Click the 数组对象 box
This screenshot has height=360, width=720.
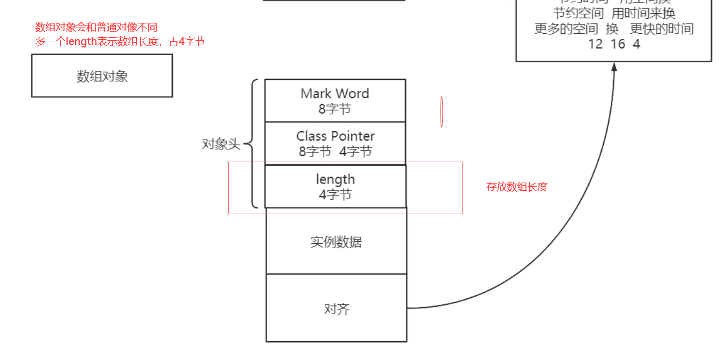pos(102,75)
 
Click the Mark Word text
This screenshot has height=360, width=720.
pos(335,93)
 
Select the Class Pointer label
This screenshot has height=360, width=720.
pos(336,136)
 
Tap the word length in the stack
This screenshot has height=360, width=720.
pos(335,179)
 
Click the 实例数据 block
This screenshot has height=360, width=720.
pos(336,241)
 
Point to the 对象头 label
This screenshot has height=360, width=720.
pos(221,144)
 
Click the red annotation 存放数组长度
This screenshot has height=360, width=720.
pos(517,187)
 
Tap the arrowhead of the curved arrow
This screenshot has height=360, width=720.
pos(614,66)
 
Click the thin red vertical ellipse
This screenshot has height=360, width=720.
pos(442,112)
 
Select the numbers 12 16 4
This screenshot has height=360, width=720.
pos(614,44)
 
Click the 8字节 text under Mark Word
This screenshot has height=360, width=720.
pos(335,109)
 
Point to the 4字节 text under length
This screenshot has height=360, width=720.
pos(335,194)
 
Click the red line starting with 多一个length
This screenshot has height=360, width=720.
pos(120,41)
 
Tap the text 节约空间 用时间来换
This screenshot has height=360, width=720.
pos(614,13)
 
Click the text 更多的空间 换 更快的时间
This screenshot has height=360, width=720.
pos(614,29)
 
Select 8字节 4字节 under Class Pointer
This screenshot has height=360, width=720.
pos(335,151)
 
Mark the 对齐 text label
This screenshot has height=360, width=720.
pos(337,309)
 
